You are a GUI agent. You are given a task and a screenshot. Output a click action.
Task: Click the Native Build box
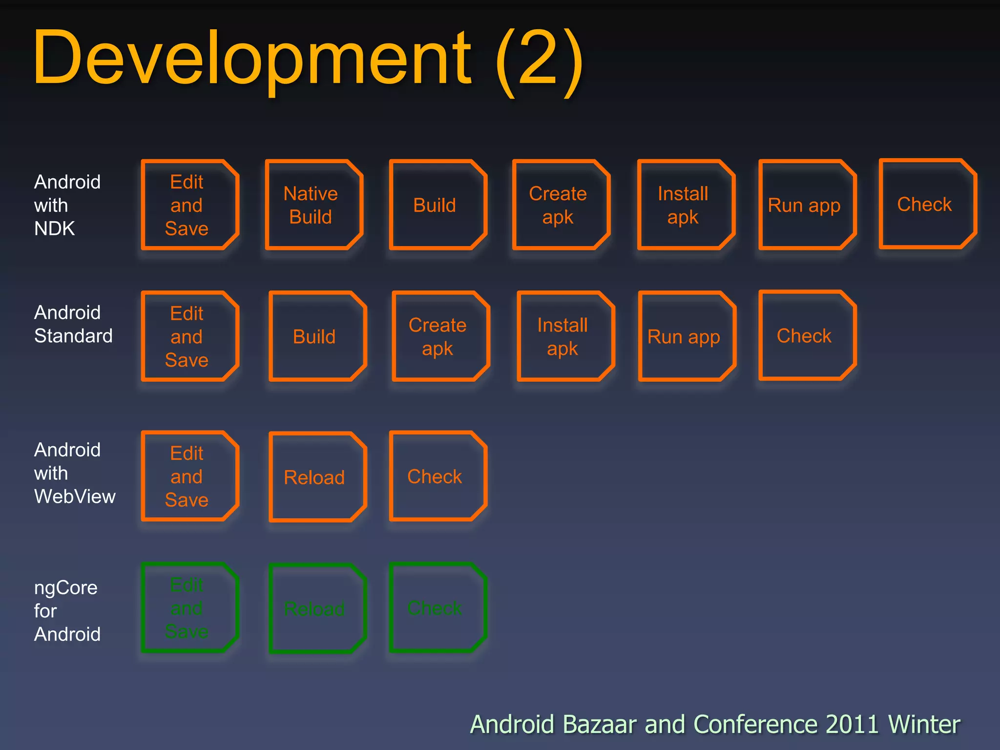tap(313, 205)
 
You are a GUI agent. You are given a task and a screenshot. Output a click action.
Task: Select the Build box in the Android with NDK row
tap(437, 205)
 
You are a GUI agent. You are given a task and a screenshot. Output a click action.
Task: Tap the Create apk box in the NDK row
tap(561, 205)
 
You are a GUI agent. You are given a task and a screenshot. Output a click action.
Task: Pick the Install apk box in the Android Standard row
tap(564, 336)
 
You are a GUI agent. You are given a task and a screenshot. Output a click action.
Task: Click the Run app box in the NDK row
tap(807, 205)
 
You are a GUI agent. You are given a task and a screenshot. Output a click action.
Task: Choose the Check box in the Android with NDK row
tap(927, 204)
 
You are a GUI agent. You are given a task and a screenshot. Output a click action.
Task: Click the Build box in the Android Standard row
tap(317, 336)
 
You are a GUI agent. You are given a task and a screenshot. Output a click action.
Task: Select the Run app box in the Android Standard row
tap(686, 336)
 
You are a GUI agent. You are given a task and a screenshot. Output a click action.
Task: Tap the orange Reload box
tap(317, 477)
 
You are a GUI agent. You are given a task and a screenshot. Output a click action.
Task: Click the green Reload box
tap(317, 608)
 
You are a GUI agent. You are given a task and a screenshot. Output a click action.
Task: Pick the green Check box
tap(437, 608)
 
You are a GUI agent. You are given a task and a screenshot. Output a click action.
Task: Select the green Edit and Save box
tap(189, 608)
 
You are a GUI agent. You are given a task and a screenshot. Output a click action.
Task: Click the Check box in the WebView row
tap(437, 476)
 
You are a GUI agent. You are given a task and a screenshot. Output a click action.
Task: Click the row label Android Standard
tap(73, 324)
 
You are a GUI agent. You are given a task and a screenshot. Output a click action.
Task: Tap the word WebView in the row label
tap(75, 497)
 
